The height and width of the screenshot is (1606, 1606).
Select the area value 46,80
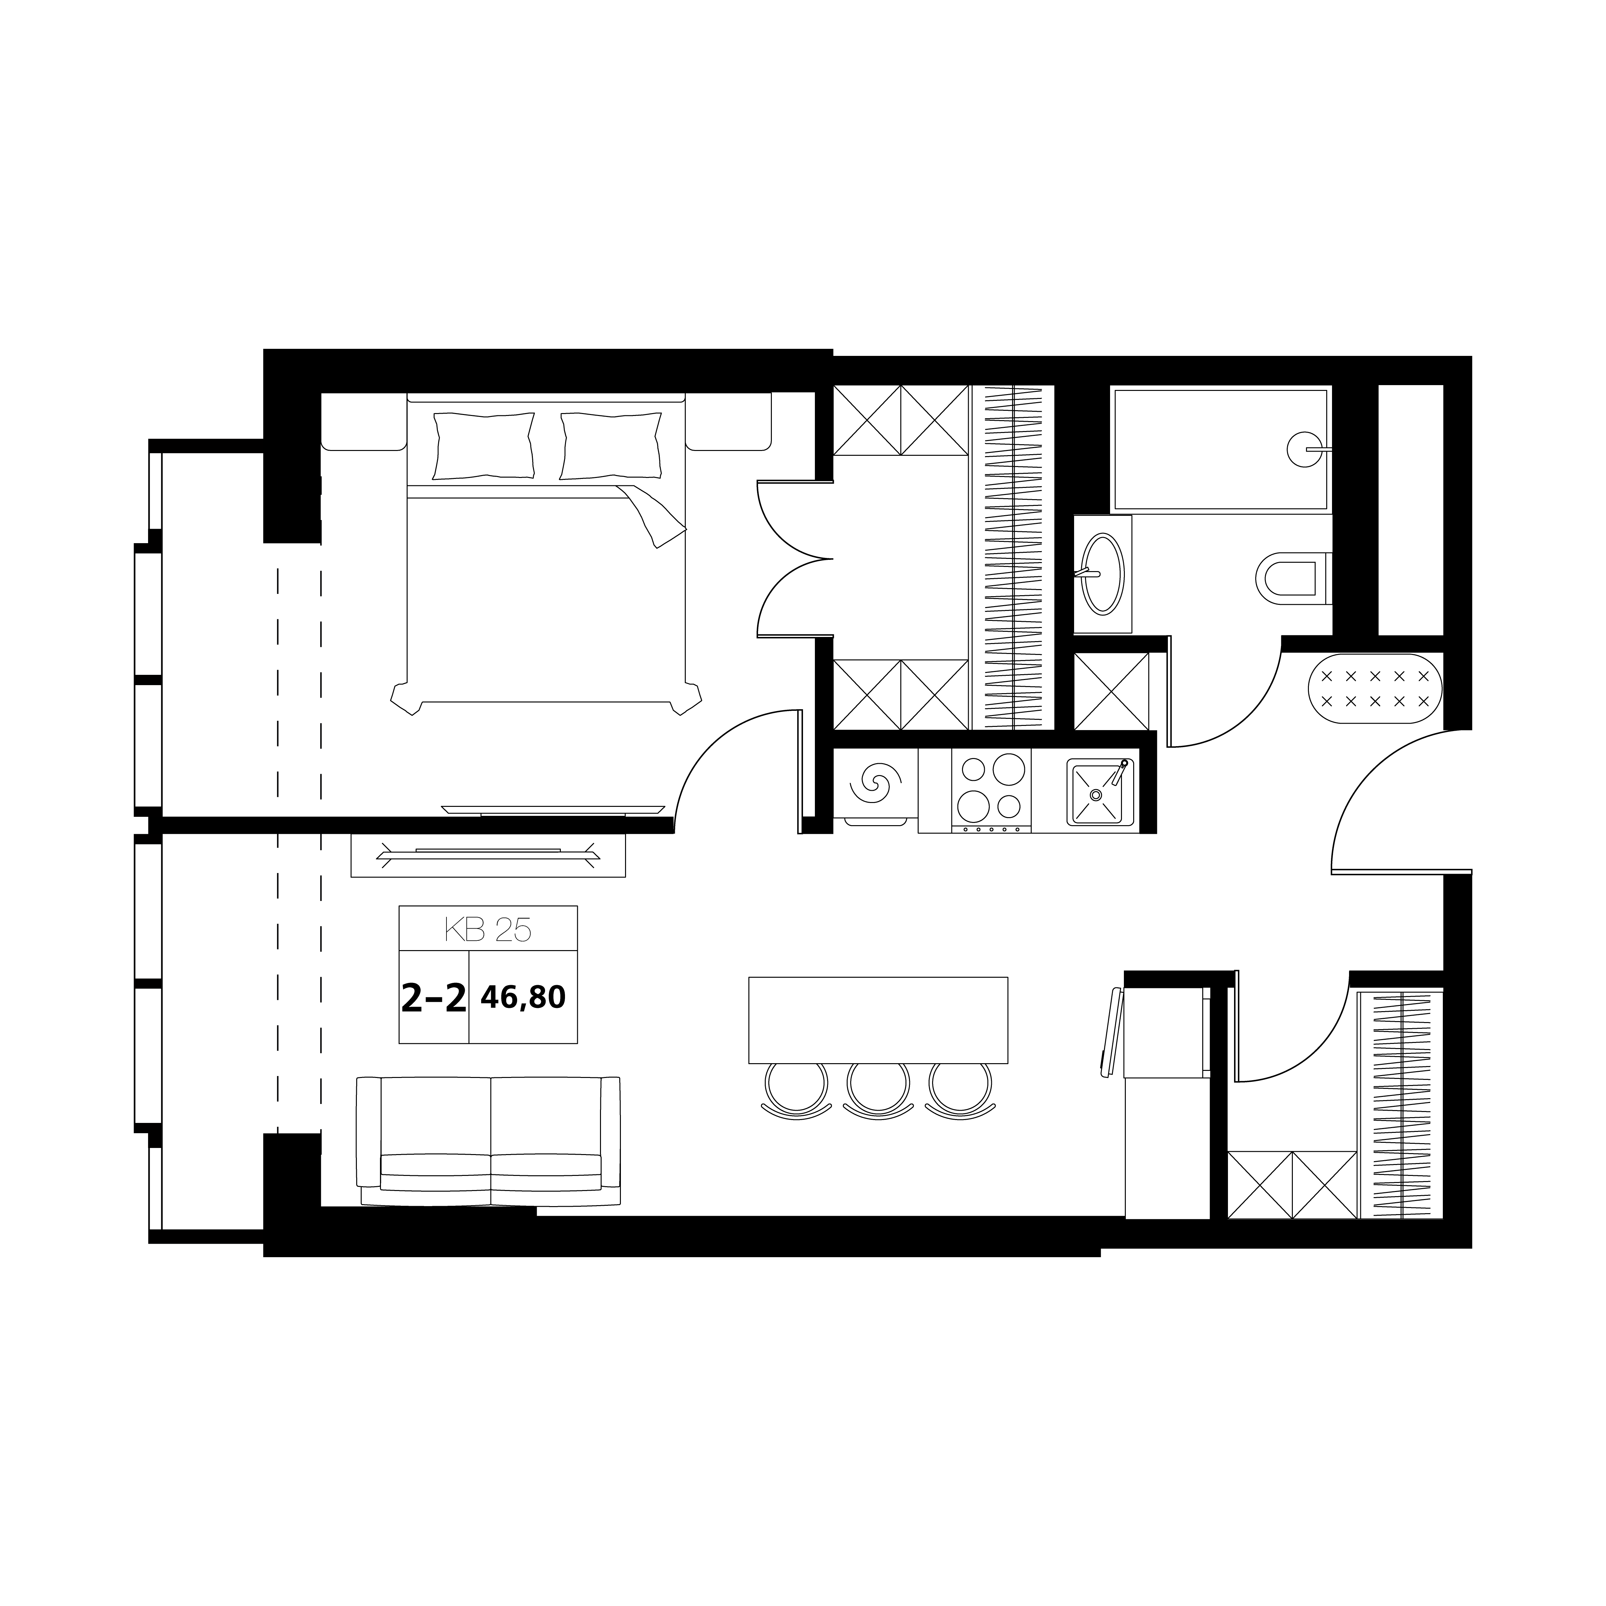523,997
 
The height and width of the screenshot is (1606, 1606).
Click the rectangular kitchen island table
878,1020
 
